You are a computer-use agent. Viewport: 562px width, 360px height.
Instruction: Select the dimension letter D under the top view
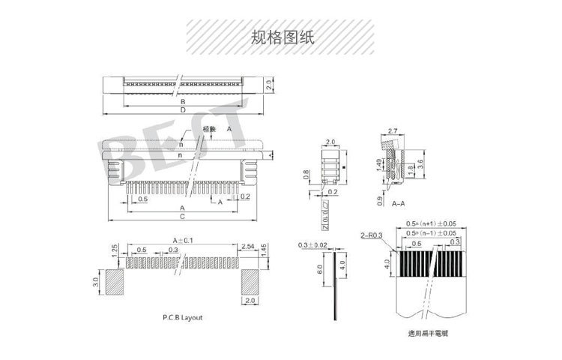tap(182, 110)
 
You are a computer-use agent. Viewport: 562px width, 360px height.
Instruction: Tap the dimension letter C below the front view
tap(182, 216)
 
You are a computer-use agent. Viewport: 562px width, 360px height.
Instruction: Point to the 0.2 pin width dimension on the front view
tap(244, 196)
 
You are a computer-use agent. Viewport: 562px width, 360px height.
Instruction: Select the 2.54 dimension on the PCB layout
tap(248, 247)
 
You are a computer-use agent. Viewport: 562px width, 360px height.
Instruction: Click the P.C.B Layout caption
tap(182, 317)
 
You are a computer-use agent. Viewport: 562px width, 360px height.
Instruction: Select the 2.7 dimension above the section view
tap(392, 130)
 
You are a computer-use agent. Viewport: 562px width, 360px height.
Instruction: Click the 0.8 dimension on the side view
tap(306, 175)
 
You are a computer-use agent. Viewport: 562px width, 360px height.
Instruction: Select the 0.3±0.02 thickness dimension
tap(312, 245)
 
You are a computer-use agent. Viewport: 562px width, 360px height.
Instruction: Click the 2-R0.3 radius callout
tap(372, 235)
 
